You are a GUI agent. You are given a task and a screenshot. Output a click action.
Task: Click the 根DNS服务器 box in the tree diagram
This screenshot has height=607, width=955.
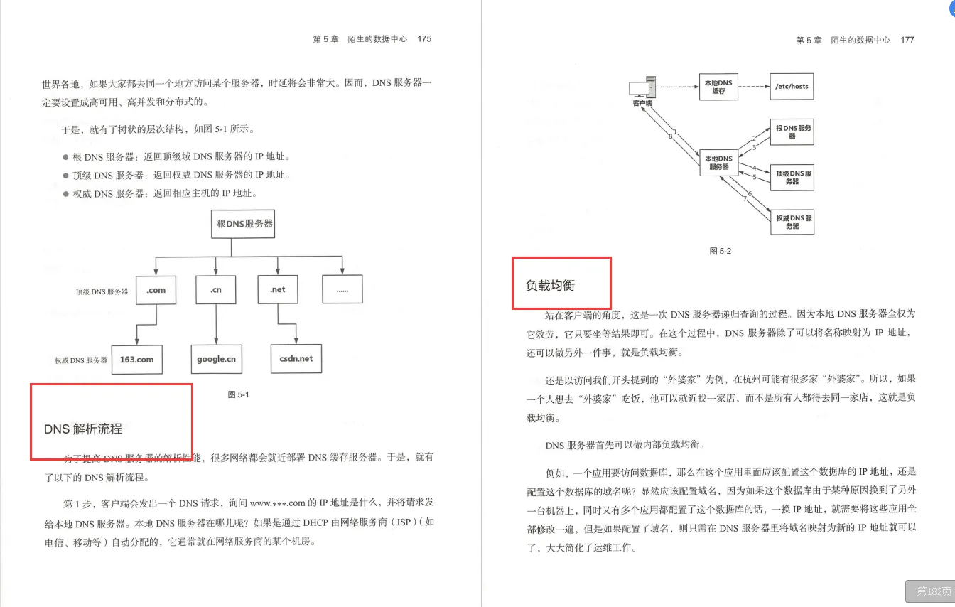click(x=244, y=223)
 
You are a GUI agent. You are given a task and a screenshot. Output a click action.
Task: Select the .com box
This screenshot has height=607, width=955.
click(x=156, y=289)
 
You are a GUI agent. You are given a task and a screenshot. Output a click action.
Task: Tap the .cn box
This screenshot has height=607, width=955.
click(x=216, y=289)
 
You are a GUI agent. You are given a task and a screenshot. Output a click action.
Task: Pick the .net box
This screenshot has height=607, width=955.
click(x=277, y=289)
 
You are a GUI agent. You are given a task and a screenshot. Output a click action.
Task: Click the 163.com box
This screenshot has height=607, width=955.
click(x=136, y=359)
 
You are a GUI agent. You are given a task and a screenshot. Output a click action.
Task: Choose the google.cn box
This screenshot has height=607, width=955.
click(x=216, y=359)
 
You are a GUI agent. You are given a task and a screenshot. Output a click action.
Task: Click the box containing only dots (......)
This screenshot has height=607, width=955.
click(x=342, y=289)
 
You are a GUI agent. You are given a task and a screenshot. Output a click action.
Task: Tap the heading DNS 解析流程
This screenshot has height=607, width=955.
click(x=83, y=429)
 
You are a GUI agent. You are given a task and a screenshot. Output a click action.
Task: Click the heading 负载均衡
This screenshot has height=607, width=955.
click(x=550, y=286)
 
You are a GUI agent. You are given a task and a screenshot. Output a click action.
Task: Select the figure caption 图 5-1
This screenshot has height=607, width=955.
click(x=238, y=394)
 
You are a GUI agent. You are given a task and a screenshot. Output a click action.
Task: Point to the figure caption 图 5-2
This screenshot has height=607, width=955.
click(x=720, y=251)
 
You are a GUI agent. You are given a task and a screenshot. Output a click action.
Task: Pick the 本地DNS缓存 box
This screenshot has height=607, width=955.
click(x=718, y=87)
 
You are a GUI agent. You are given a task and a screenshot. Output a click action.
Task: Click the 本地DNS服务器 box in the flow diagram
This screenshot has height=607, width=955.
click(x=718, y=163)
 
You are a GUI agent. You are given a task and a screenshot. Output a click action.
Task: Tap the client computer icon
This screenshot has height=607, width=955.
click(x=642, y=90)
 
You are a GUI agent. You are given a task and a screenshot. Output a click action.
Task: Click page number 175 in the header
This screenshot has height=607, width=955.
click(x=424, y=39)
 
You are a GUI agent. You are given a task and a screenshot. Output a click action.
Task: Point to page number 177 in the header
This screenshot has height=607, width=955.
click(x=907, y=40)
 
